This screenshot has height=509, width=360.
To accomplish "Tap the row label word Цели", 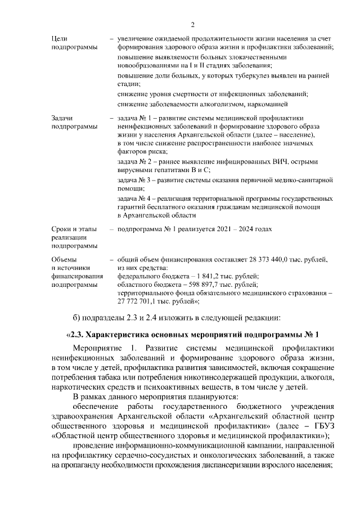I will click(60, 38).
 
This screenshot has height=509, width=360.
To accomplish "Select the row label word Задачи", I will click(62, 118).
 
